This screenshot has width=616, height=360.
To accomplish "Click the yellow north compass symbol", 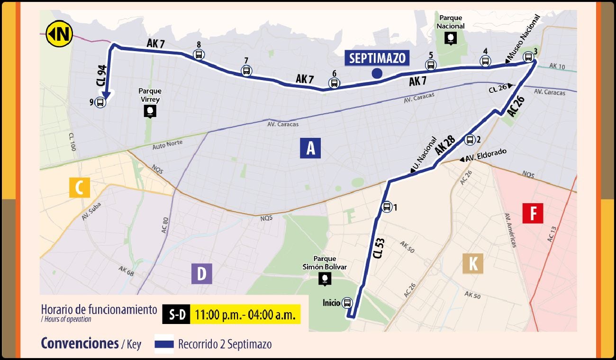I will click(x=59, y=34).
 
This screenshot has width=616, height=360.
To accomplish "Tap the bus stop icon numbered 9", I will click(x=100, y=102).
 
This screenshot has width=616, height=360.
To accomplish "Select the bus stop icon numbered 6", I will click(x=334, y=83).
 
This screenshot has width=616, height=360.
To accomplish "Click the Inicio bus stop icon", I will click(x=347, y=303).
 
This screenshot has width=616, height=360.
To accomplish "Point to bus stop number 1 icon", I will click(x=387, y=207).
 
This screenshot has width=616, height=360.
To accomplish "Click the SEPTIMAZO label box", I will click(x=377, y=58).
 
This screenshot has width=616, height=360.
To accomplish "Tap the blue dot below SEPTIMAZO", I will click(x=377, y=73).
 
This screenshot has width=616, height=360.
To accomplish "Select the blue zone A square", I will click(x=310, y=148).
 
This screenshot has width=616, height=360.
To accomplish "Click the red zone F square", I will click(x=533, y=213).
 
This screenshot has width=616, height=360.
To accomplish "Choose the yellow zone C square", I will click(x=80, y=187).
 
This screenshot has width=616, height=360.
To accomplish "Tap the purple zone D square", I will click(x=202, y=274).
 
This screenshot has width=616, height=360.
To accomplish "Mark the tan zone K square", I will click(x=473, y=263).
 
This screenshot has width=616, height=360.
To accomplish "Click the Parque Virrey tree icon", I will click(x=150, y=111).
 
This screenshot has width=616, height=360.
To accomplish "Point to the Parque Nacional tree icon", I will click(x=451, y=38).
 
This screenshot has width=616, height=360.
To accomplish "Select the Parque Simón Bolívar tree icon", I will click(x=325, y=279).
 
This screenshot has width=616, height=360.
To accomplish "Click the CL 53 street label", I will click(x=379, y=248).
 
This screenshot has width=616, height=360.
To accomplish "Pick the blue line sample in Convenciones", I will click(x=164, y=344).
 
